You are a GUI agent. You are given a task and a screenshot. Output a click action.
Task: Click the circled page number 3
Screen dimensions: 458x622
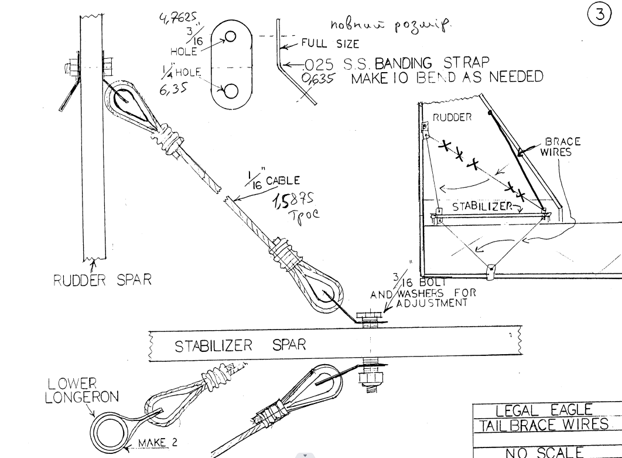[x=599, y=15]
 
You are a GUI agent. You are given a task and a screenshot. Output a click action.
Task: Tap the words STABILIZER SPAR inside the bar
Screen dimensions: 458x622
[x=240, y=345]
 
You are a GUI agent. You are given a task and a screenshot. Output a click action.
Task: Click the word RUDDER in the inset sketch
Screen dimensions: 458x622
[x=450, y=117]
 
